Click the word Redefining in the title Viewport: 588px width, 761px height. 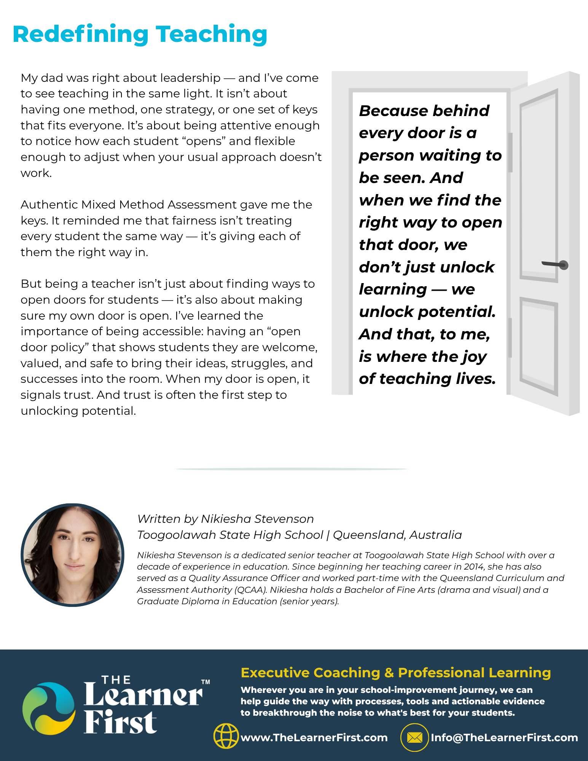(80, 34)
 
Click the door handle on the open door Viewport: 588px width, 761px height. (556, 264)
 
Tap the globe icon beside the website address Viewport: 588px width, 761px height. (226, 736)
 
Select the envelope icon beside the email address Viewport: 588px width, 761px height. (414, 737)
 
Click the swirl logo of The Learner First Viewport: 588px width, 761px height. (49, 708)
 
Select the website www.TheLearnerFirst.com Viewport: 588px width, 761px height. (314, 737)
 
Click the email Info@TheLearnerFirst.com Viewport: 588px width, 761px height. (504, 737)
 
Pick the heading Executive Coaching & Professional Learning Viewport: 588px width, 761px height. (396, 673)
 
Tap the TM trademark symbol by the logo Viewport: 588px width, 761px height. (206, 682)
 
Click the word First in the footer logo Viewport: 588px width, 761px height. (120, 722)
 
